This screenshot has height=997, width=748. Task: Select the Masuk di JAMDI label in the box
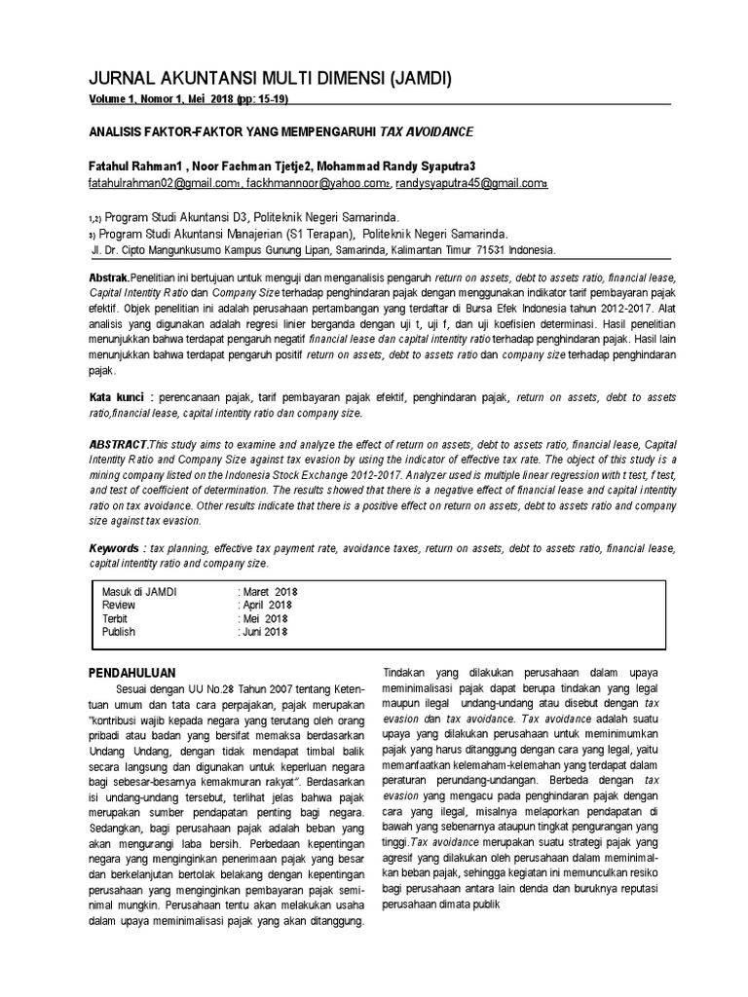pyautogui.click(x=140, y=591)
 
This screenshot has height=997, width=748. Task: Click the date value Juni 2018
pyautogui.click(x=265, y=632)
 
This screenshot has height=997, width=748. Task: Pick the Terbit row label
pyautogui.click(x=115, y=618)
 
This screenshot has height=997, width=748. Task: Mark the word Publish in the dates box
pyautogui.click(x=119, y=632)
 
